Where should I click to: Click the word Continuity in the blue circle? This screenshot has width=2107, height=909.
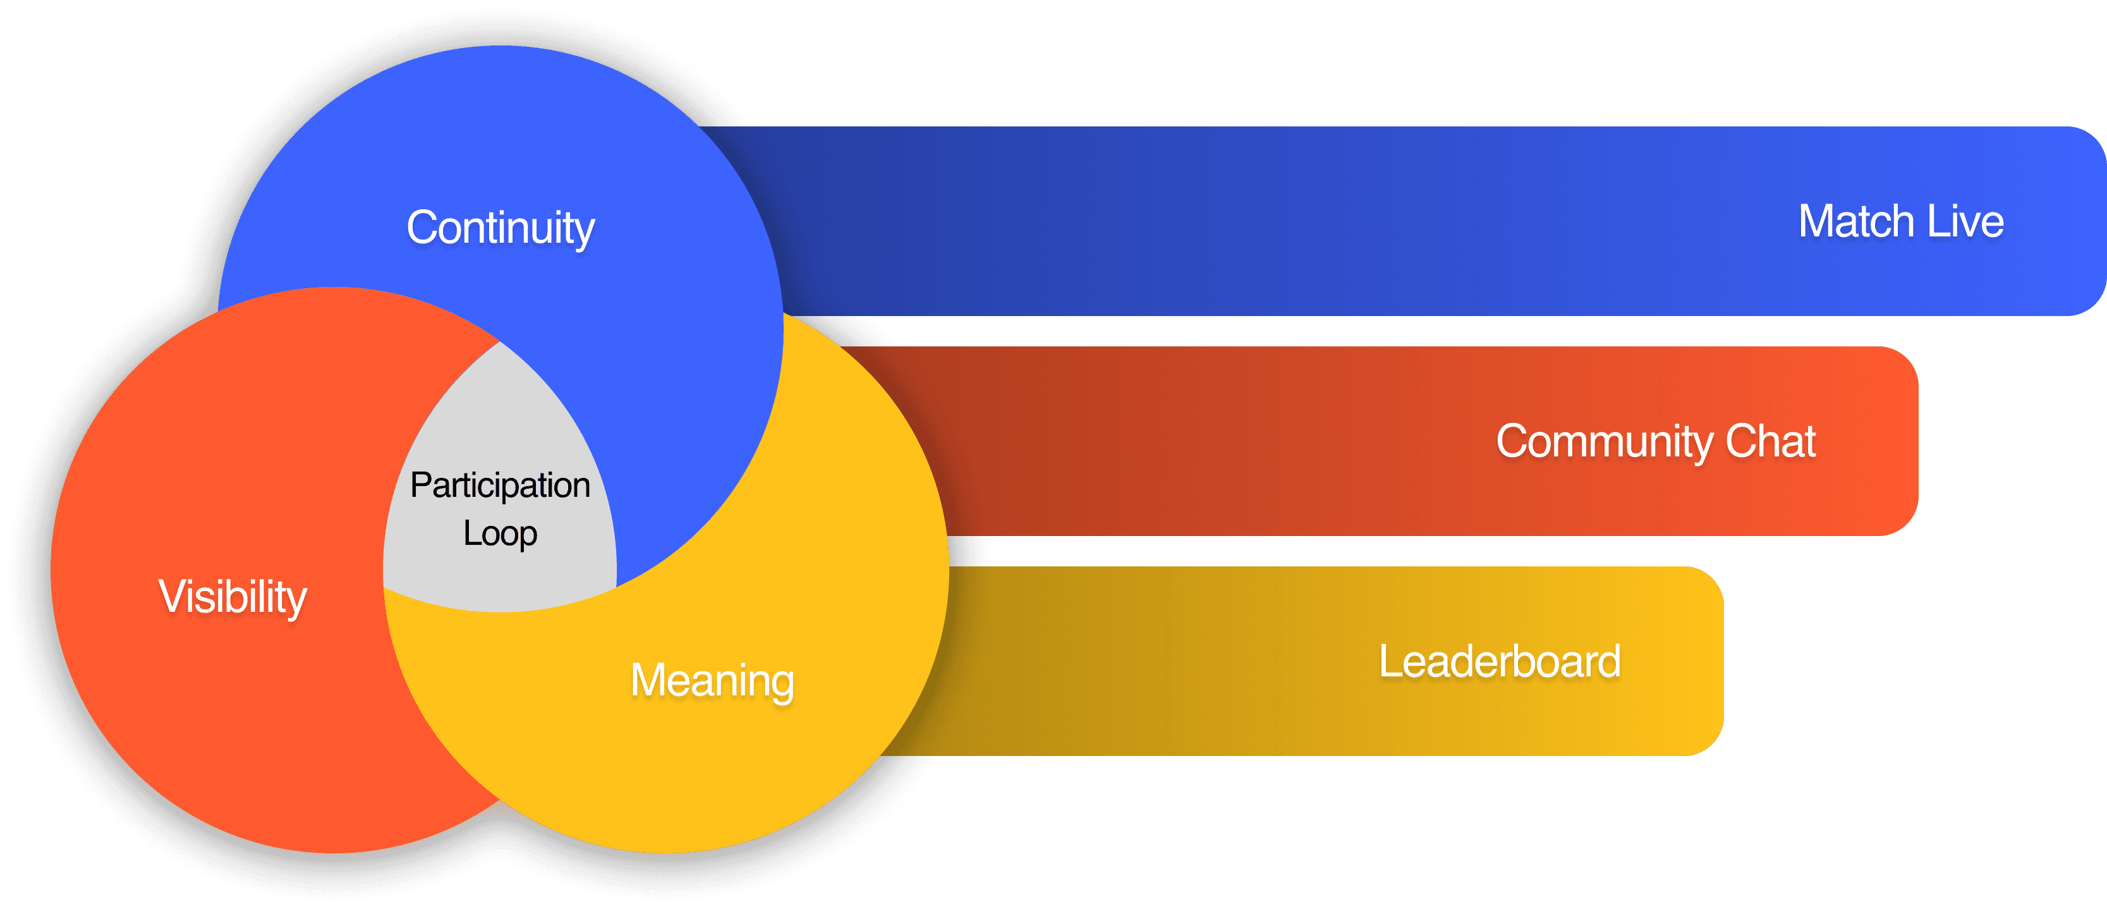[x=501, y=228]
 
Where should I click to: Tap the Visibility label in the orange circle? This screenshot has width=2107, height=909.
[x=233, y=597]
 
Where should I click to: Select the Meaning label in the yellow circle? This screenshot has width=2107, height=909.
[x=712, y=680]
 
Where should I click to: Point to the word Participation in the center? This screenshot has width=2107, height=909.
[x=500, y=485]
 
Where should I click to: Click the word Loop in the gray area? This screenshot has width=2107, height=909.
[x=500, y=534]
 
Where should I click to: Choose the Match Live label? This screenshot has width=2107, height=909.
[x=1900, y=222]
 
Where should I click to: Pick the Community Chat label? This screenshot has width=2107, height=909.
[x=1656, y=442]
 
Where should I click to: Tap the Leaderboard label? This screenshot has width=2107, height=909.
[x=1499, y=661]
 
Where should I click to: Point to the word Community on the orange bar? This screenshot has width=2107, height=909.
[x=1604, y=442]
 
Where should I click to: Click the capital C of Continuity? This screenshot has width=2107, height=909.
[x=423, y=228]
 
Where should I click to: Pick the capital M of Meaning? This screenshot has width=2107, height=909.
[x=652, y=680]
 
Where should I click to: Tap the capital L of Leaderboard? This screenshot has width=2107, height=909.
[x=1390, y=661]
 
